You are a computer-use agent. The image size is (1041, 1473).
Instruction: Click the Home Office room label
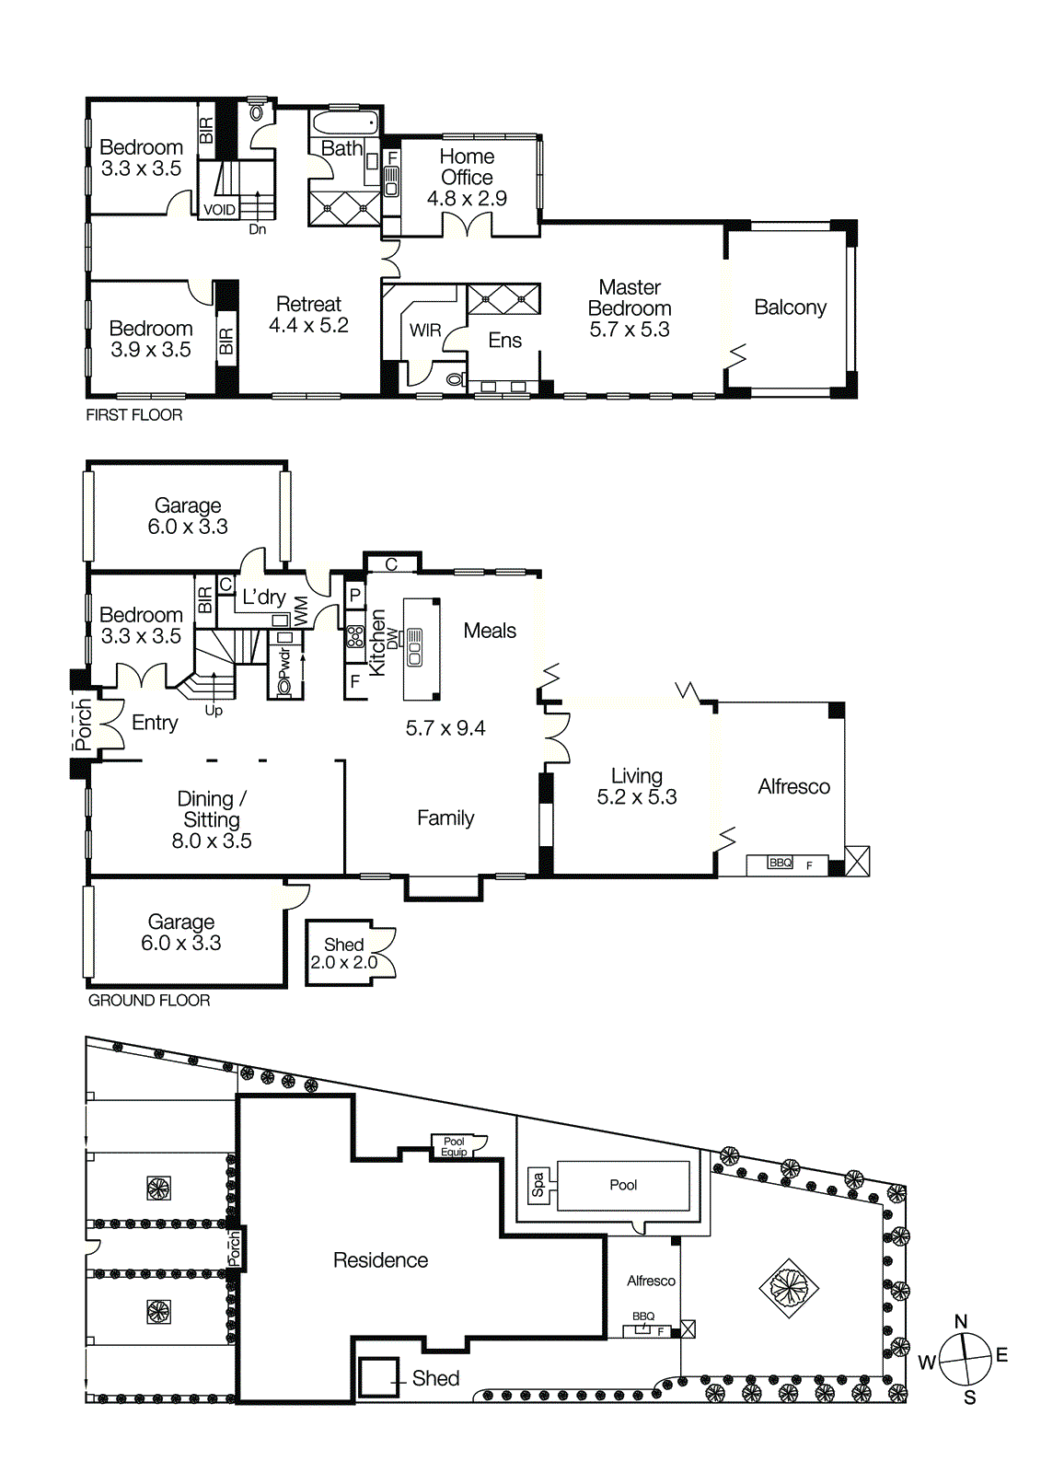tap(467, 167)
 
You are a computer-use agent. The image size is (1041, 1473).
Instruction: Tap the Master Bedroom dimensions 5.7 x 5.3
tap(630, 330)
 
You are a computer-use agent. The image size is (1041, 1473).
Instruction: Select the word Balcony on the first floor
tap(790, 307)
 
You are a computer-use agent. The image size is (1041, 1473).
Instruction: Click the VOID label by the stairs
tap(219, 210)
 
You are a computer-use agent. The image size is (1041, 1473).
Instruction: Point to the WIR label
tap(425, 331)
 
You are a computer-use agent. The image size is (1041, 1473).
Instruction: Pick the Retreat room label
tap(308, 305)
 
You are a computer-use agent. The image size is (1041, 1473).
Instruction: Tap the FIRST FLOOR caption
tap(134, 415)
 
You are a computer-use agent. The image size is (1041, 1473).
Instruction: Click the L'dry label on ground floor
tap(263, 597)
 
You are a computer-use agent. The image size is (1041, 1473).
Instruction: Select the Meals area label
tap(490, 631)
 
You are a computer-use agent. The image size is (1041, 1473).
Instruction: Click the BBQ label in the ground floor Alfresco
tap(780, 863)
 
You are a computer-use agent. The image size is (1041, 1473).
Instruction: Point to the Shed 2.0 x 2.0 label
tap(343, 954)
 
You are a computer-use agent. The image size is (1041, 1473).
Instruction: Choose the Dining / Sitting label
tap(212, 809)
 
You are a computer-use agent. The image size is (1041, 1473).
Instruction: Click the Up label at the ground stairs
tap(214, 711)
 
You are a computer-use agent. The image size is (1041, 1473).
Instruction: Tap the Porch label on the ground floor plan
tap(84, 725)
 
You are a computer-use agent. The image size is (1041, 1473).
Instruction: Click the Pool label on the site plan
tap(623, 1185)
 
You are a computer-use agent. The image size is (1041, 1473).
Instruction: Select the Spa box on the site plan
tap(539, 1185)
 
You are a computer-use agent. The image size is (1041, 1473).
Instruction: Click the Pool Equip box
tap(454, 1146)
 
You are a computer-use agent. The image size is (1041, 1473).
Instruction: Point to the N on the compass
tap(961, 1322)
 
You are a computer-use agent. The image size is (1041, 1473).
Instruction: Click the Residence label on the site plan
tap(380, 1260)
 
